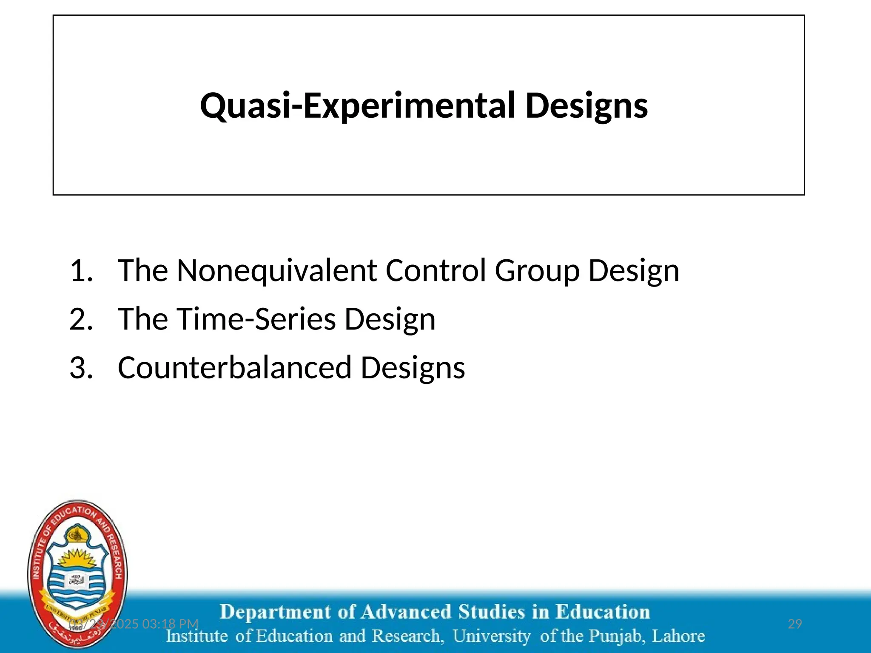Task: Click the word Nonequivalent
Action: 277,270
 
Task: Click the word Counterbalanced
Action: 234,367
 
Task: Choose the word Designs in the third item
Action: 413,368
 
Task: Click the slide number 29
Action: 795,624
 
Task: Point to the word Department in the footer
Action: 275,612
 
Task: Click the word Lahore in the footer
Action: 678,636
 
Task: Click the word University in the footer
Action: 491,636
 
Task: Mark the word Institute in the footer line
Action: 196,636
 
